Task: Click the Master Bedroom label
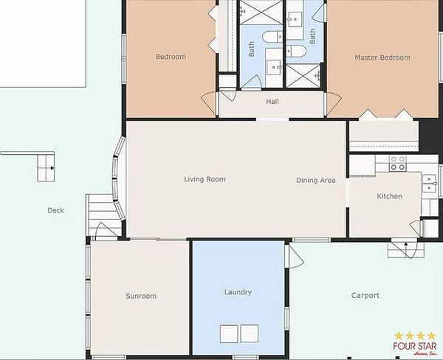(x=382, y=58)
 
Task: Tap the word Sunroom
(x=141, y=296)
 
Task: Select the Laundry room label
(x=238, y=292)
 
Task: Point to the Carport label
(x=365, y=296)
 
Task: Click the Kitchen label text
(x=389, y=196)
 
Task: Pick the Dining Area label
(x=316, y=181)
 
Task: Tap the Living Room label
(x=205, y=179)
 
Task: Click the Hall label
(x=272, y=102)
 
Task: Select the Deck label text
(x=55, y=210)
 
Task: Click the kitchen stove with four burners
(x=398, y=163)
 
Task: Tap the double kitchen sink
(x=429, y=184)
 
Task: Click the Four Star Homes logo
(x=415, y=343)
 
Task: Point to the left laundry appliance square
(x=229, y=333)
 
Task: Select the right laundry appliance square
(x=250, y=333)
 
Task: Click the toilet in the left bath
(x=272, y=37)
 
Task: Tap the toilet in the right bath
(x=296, y=52)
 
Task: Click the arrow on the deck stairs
(x=52, y=168)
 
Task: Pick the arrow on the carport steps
(x=406, y=244)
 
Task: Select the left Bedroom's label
(x=171, y=57)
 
